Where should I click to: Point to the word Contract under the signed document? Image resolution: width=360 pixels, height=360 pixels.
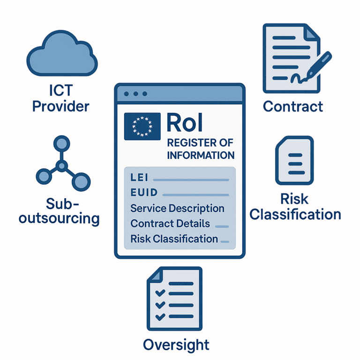point(293,106)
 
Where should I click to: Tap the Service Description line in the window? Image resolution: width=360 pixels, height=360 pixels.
point(177,208)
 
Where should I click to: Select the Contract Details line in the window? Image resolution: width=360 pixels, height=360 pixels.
point(170,224)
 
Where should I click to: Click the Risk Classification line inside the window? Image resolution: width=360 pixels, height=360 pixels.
point(174,239)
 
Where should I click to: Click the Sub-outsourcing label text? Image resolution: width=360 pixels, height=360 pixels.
point(60,211)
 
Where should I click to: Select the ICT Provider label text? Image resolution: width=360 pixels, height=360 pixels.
point(60,98)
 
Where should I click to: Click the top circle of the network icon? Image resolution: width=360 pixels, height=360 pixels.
point(61,142)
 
